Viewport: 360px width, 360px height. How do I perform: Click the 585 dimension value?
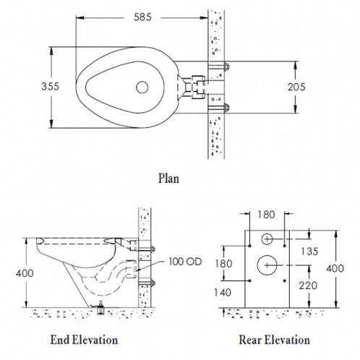click(x=142, y=17)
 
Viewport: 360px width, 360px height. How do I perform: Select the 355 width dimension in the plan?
click(x=50, y=87)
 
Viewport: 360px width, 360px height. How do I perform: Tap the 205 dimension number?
click(x=296, y=87)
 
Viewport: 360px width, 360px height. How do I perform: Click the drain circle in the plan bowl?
click(x=142, y=87)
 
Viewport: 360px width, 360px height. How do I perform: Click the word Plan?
click(x=168, y=179)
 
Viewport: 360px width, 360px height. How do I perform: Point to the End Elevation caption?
click(x=84, y=340)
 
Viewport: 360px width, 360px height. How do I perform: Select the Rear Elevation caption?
click(x=274, y=340)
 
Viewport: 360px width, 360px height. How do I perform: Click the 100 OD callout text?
click(x=185, y=262)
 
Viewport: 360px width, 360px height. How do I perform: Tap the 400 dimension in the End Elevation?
click(x=25, y=273)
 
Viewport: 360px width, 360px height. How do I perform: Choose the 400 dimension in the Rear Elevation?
click(x=335, y=268)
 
